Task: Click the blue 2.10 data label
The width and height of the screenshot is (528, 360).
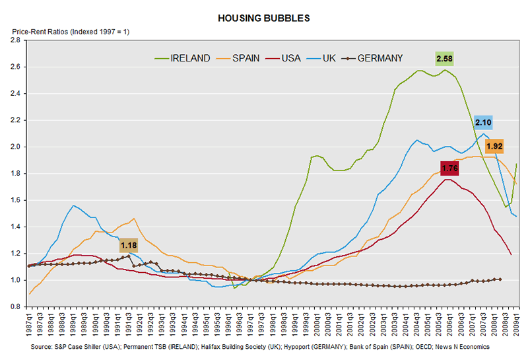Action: point(484,122)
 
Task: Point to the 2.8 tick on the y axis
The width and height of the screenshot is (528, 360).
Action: point(16,40)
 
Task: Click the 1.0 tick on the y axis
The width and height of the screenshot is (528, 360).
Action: point(16,280)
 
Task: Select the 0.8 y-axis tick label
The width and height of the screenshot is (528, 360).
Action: point(16,306)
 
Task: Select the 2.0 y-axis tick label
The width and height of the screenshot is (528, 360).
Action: point(16,147)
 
